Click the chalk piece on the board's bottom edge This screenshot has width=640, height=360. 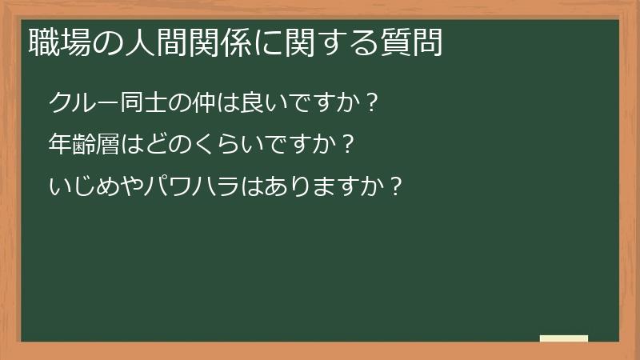pos(564,338)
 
